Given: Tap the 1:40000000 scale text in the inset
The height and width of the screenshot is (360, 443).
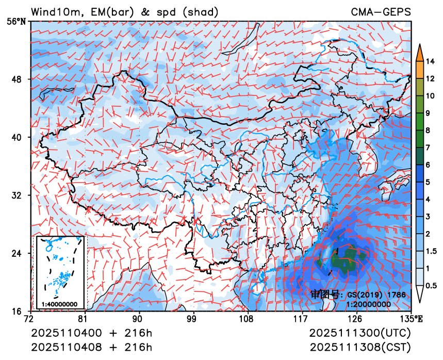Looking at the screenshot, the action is pos(59,304).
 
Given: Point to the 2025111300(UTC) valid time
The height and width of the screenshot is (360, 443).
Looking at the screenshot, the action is pos(360,333).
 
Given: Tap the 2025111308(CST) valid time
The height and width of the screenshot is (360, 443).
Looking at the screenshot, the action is pos(360,346).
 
